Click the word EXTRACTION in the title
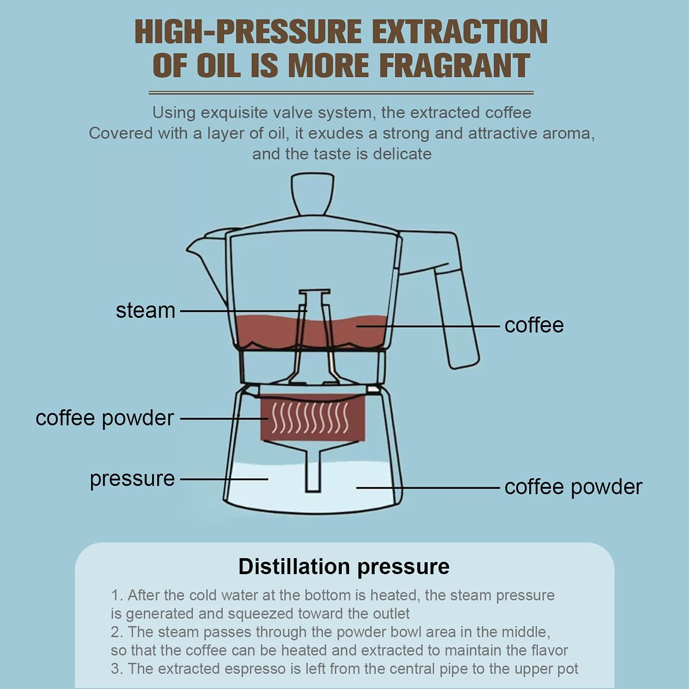point(459,32)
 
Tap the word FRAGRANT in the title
point(454,66)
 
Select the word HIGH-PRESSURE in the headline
point(248,32)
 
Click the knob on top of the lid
point(313,193)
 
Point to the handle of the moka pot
point(457,317)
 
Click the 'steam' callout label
point(146,311)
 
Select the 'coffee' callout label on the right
point(534,325)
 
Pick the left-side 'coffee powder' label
point(105,418)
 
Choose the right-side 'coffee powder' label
point(573,487)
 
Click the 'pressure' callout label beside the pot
point(132,479)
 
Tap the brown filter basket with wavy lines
point(312,418)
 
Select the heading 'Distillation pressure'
point(344,566)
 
